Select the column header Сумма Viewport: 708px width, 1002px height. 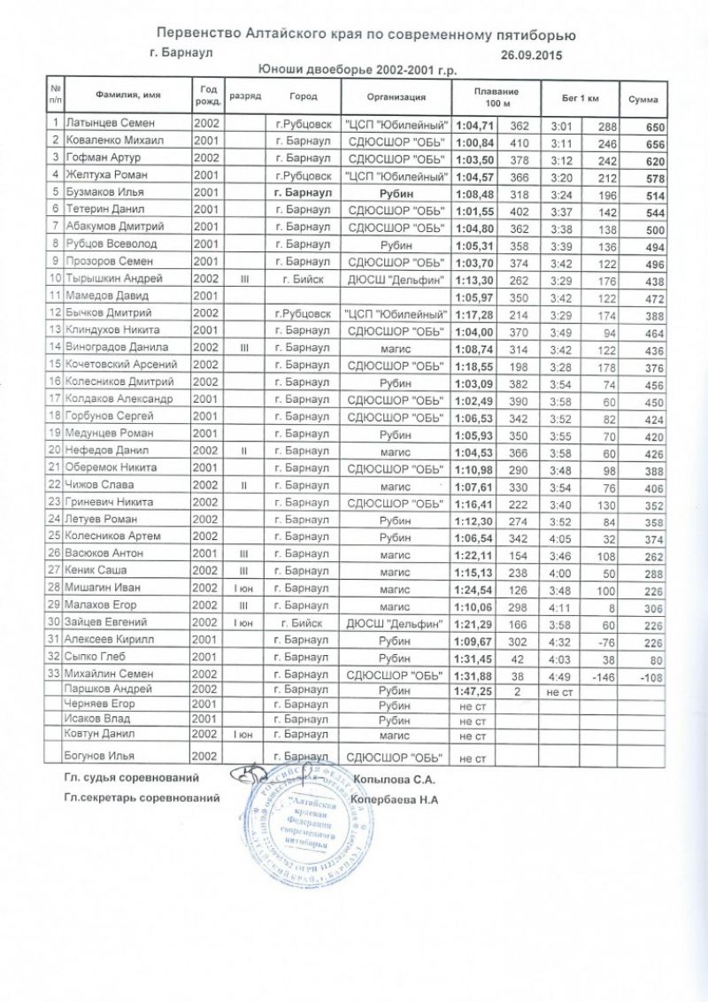pos(643,97)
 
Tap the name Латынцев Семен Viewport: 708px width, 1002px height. pos(103,123)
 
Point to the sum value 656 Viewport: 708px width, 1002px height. pos(655,142)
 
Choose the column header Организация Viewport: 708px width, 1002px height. pos(396,97)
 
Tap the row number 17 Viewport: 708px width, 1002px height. pos(55,398)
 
